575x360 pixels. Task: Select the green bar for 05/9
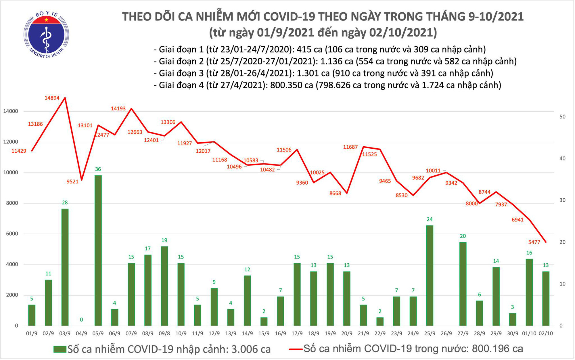(98, 250)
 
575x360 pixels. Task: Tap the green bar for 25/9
(430, 275)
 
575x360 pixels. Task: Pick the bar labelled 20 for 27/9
(463, 284)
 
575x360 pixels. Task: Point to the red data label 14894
(52, 98)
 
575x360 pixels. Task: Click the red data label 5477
(534, 242)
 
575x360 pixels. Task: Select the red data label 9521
(72, 182)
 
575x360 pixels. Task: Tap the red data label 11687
(350, 147)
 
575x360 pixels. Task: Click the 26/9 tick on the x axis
(446, 334)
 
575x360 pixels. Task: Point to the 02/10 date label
(546, 334)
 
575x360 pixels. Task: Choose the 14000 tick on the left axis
(11, 111)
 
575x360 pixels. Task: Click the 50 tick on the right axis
(563, 117)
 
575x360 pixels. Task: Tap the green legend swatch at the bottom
(60, 349)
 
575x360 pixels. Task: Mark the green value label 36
(98, 169)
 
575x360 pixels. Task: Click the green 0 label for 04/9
(81, 320)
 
